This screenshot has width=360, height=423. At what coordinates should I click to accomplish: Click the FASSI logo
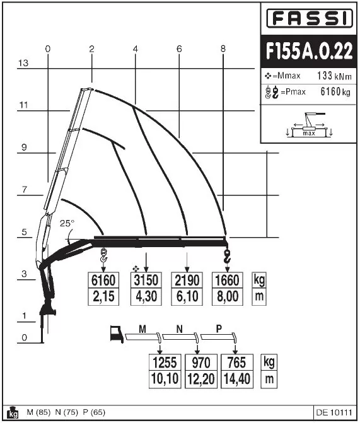310,18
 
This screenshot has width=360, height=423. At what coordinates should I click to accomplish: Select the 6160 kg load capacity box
103,281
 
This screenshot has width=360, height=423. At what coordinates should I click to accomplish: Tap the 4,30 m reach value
146,297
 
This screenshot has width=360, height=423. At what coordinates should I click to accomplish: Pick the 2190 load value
187,281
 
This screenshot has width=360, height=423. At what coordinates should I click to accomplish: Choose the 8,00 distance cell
227,297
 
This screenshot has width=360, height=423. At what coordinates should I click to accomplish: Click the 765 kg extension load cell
236,362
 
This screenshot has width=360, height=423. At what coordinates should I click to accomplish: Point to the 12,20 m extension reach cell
200,379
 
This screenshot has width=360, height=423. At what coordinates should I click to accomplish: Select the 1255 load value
165,362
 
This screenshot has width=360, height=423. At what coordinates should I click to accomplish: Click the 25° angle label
67,223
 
